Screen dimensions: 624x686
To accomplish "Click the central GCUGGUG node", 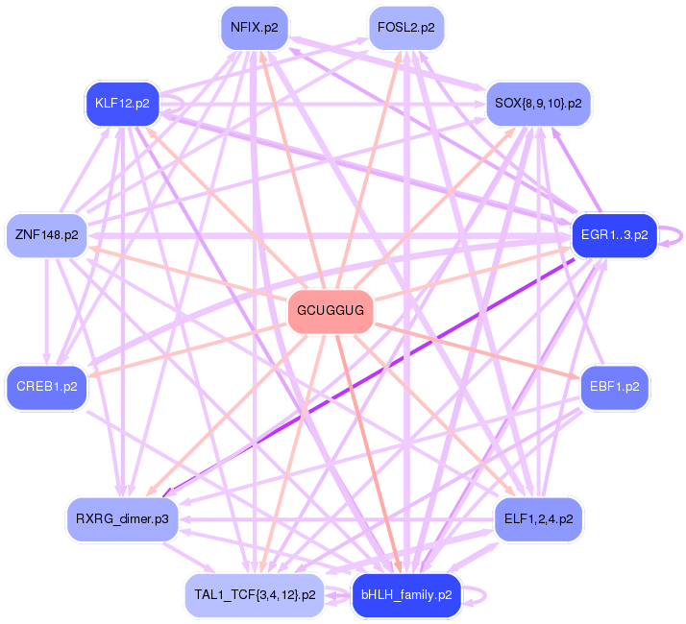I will (330, 311).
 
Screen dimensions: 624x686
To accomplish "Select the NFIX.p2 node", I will (254, 28).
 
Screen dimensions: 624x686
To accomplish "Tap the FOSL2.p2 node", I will (405, 28).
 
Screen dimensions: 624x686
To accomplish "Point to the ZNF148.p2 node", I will (46, 235).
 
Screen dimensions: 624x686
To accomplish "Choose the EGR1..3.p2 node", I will (613, 235).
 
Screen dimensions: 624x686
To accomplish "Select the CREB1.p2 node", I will (46, 387).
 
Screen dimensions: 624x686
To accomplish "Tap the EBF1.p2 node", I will (615, 387).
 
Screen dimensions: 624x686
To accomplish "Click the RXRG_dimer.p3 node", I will (122, 519).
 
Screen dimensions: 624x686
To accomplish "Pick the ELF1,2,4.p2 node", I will (538, 519).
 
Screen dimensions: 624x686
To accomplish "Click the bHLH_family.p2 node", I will (406, 595).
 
